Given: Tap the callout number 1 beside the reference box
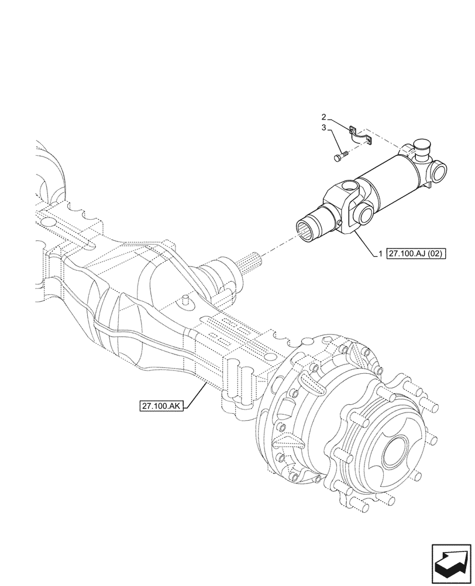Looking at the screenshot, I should (x=380, y=254).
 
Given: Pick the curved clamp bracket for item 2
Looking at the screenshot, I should (x=359, y=136).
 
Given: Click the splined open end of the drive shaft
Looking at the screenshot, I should (x=309, y=231).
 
